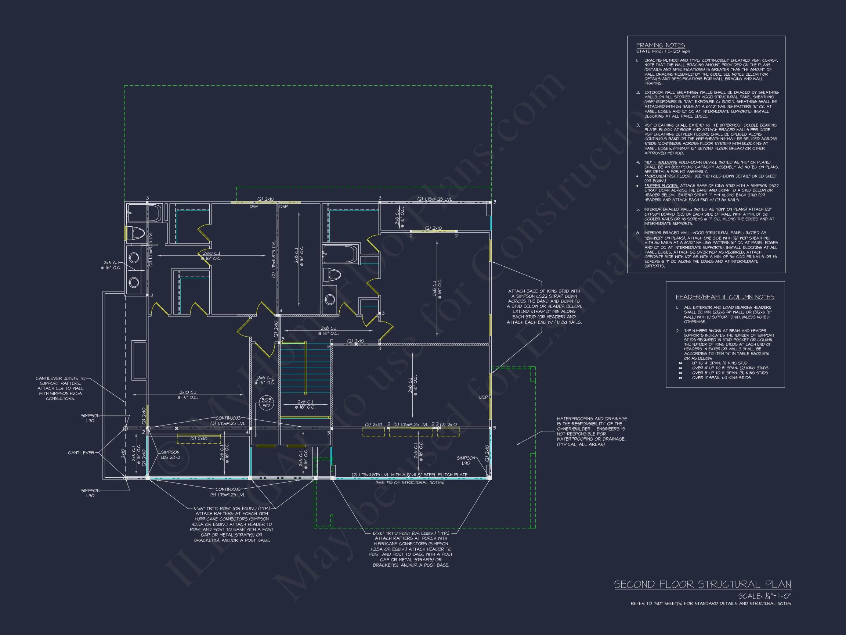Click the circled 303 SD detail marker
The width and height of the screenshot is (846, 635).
click(266, 403)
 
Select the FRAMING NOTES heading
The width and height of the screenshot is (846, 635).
click(660, 45)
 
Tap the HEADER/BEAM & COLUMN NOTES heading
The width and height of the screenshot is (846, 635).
click(725, 297)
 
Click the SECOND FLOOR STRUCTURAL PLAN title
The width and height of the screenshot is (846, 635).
click(702, 584)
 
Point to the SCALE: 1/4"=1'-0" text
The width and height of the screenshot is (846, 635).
click(764, 596)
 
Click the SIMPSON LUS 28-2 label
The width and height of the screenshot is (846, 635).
click(170, 455)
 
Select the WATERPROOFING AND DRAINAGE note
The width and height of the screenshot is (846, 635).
click(591, 431)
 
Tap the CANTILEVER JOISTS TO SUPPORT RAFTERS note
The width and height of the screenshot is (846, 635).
click(61, 388)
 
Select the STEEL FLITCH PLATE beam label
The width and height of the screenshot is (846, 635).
click(409, 475)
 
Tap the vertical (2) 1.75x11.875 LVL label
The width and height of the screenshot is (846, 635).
click(274, 259)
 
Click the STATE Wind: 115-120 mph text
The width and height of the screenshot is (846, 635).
click(663, 51)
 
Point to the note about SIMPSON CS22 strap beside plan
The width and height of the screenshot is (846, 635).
click(544, 306)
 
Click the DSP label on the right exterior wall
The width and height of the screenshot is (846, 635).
click(484, 397)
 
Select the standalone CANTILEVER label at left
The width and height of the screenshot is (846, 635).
click(81, 453)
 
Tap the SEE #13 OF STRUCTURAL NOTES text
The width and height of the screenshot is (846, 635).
click(410, 482)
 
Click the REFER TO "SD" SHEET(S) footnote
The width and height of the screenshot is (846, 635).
click(711, 604)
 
